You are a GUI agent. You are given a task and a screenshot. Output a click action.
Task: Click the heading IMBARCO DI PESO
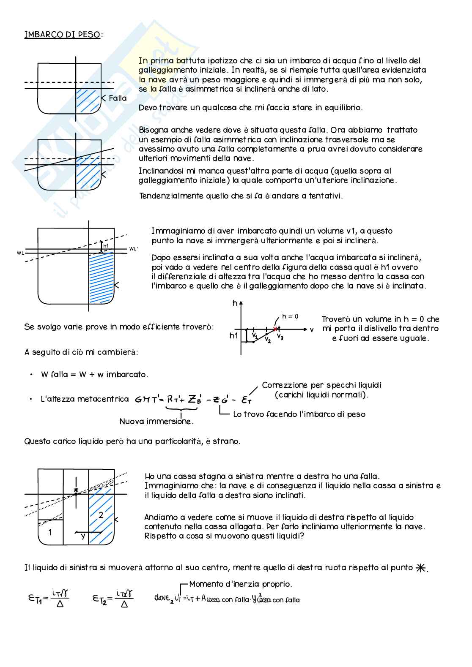pyautogui.click(x=63, y=35)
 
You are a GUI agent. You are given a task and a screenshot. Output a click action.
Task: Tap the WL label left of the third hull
pyautogui.click(x=20, y=253)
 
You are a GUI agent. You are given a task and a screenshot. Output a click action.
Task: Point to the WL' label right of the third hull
pyautogui.click(x=133, y=249)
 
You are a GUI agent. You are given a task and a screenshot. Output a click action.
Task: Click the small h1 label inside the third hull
pyautogui.click(x=106, y=246)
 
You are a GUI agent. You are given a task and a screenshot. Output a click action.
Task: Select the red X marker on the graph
pyautogui.click(x=275, y=329)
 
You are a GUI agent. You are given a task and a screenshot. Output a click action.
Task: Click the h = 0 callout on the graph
pyautogui.click(x=290, y=316)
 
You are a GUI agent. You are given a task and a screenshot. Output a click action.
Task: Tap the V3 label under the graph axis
pyautogui.click(x=280, y=337)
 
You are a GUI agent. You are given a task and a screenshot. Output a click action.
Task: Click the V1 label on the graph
pyautogui.click(x=255, y=335)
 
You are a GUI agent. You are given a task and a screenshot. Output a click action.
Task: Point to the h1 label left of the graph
pyautogui.click(x=234, y=336)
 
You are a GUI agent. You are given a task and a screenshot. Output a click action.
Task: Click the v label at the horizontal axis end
pyautogui.click(x=312, y=329)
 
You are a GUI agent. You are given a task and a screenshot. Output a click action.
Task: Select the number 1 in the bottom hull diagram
pyautogui.click(x=50, y=532)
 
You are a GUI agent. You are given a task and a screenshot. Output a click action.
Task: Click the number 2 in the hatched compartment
pyautogui.click(x=101, y=515)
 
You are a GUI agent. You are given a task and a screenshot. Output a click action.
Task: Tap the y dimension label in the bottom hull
pyautogui.click(x=83, y=536)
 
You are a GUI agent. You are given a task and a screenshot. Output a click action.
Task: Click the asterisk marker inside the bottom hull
pyautogui.click(x=76, y=490)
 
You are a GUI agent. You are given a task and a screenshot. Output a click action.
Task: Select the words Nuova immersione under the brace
pyautogui.click(x=156, y=422)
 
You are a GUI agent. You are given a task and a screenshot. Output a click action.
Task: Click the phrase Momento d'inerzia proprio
pyautogui.click(x=240, y=584)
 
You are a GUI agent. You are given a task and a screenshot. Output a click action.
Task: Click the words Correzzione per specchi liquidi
pyautogui.click(x=321, y=385)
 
